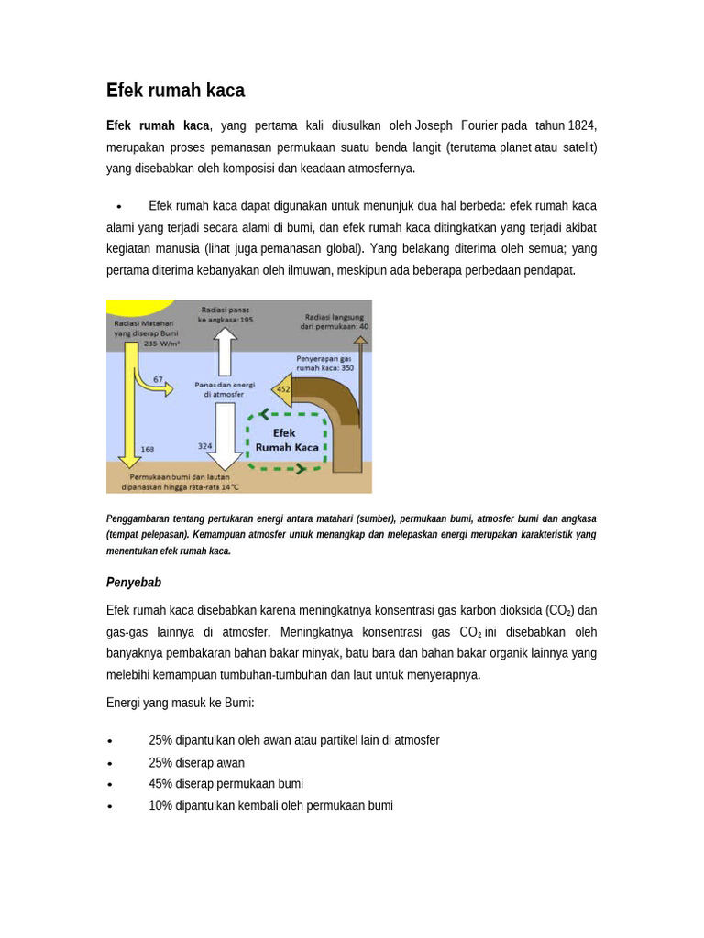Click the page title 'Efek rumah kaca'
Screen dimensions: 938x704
tap(175, 91)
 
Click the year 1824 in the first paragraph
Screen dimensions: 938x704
tap(582, 125)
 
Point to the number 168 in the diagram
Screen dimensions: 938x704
tap(148, 449)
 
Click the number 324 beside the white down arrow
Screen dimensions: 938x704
tap(205, 446)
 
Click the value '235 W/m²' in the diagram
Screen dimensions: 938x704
tap(162, 344)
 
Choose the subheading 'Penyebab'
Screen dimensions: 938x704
tap(134, 583)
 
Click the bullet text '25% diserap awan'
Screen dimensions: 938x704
tap(196, 762)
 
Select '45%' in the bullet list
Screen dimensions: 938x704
tap(161, 784)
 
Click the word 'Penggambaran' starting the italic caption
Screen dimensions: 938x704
tap(137, 518)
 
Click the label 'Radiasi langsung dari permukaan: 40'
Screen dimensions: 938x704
tap(335, 321)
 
